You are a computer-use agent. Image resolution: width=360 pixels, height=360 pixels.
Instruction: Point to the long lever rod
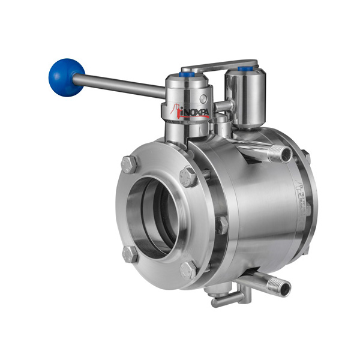120,86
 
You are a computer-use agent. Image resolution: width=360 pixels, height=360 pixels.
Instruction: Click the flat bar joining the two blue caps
219,64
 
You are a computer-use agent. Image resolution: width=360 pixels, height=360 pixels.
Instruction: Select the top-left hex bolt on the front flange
128,163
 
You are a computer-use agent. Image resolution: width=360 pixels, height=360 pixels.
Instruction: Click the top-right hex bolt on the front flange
188,176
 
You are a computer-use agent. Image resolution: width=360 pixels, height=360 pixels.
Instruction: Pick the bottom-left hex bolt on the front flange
130,253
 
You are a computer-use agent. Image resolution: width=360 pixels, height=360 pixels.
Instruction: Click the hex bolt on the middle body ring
221,224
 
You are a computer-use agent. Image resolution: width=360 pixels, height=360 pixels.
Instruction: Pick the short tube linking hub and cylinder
223,106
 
